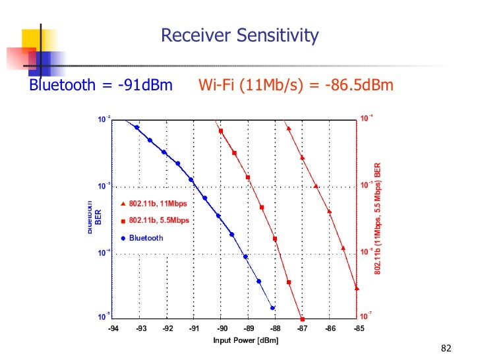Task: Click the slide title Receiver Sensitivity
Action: (x=240, y=35)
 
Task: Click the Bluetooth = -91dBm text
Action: (x=100, y=86)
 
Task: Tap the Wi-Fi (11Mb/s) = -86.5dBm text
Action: (x=296, y=86)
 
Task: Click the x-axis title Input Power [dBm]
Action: (x=245, y=340)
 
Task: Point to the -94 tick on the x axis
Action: (x=114, y=328)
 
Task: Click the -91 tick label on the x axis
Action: (x=195, y=328)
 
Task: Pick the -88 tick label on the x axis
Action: (x=275, y=328)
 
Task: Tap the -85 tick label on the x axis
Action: (x=358, y=328)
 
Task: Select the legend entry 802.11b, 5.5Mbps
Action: (x=158, y=220)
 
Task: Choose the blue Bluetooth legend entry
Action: (x=146, y=238)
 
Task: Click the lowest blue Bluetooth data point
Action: (x=272, y=308)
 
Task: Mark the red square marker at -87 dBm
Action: (x=302, y=318)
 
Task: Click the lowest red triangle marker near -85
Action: (x=357, y=288)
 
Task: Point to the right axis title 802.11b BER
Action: (x=378, y=218)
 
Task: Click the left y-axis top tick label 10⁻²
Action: (x=104, y=119)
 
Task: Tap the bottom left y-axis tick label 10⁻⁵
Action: (x=104, y=317)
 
